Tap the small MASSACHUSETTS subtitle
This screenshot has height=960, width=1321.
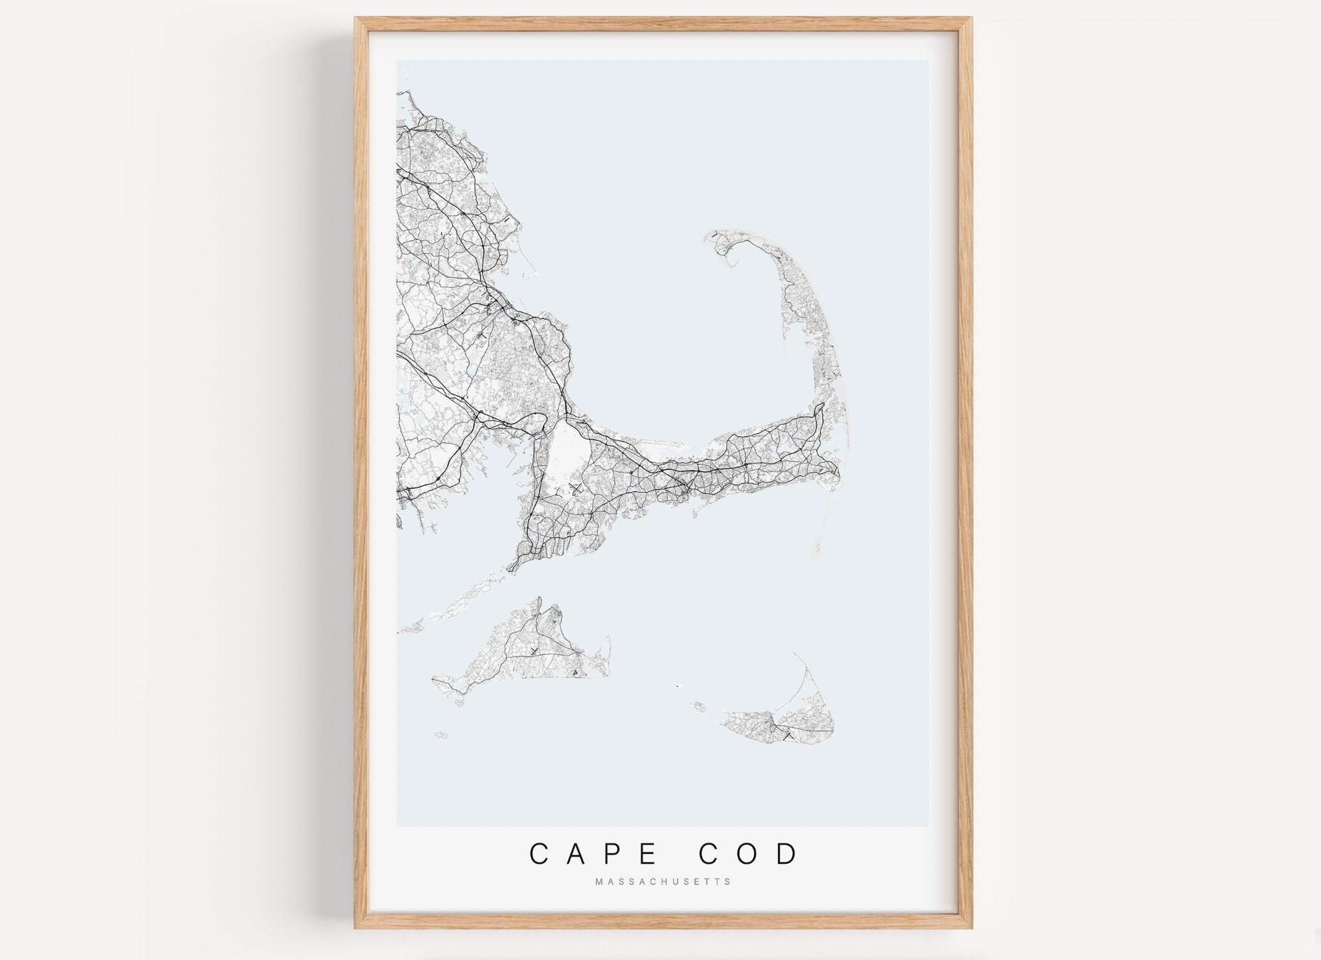[x=662, y=882]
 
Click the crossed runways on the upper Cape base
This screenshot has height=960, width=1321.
[x=575, y=489]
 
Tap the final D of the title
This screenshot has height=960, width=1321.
[x=790, y=854]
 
